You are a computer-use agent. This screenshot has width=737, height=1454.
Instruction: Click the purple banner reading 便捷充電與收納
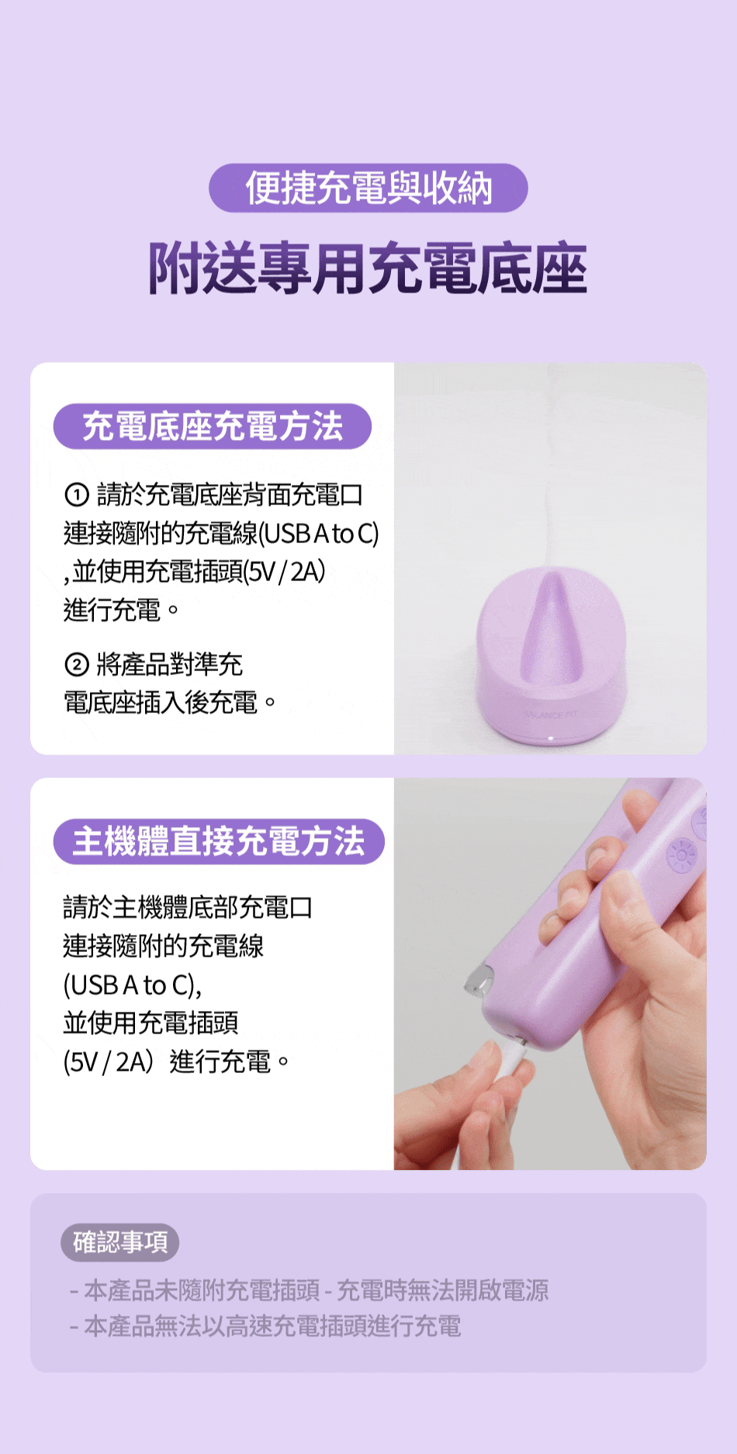[x=368, y=188]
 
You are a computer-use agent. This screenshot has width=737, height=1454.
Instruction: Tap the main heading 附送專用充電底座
[x=368, y=269]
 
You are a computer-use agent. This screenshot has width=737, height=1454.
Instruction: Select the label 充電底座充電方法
[x=213, y=426]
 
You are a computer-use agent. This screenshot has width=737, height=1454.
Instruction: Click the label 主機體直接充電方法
[x=219, y=841]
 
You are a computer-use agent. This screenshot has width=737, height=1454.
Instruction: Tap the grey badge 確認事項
[x=120, y=1242]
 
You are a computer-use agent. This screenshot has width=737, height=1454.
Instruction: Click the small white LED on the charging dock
[x=550, y=738]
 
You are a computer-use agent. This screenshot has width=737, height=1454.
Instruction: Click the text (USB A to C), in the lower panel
[x=133, y=985]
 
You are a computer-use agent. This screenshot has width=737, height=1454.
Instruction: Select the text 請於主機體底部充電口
[x=188, y=907]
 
